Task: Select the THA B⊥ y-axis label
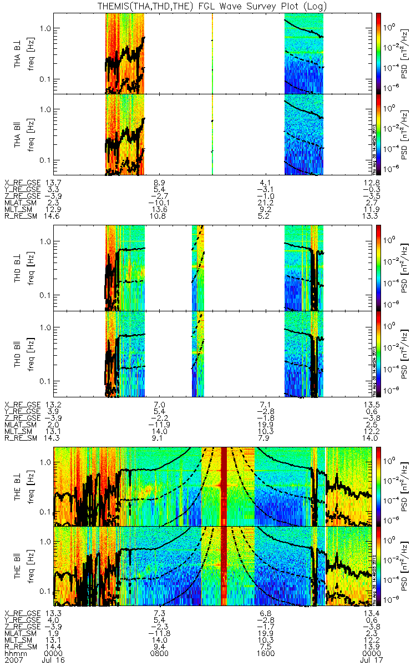[18, 53]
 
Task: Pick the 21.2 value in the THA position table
[265, 203]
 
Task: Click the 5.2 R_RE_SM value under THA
[265, 216]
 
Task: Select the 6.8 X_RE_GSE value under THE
[265, 613]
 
